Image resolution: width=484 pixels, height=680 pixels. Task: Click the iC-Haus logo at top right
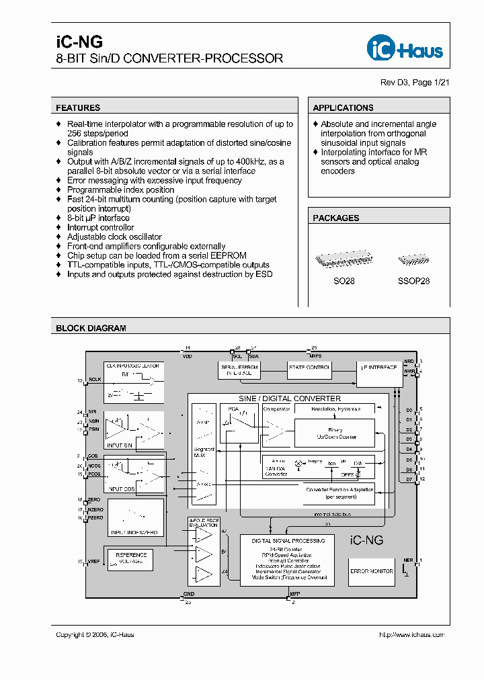(x=405, y=48)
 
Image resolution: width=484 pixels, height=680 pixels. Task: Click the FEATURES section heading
(x=78, y=108)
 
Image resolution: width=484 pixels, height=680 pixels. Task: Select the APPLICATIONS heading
(x=343, y=108)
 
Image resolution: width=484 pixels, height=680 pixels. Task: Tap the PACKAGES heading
(x=336, y=218)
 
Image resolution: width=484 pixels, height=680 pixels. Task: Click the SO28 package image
(x=344, y=261)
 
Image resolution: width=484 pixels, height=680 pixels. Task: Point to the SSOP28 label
(x=413, y=281)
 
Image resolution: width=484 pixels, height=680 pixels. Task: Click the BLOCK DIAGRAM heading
(x=91, y=329)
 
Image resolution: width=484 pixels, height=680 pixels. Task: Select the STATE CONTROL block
(x=309, y=368)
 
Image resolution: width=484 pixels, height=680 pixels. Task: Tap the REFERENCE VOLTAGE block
(x=131, y=558)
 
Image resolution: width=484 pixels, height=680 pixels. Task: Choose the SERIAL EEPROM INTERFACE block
(x=239, y=368)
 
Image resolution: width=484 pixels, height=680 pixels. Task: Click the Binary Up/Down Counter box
(x=335, y=433)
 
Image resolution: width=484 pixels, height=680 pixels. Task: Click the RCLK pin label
(x=94, y=381)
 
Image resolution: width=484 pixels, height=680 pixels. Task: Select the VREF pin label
(x=94, y=561)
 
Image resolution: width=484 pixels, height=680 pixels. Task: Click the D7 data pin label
(x=408, y=480)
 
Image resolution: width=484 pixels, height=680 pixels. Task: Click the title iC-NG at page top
(x=70, y=42)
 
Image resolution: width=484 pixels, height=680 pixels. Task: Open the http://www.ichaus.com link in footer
(x=411, y=634)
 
